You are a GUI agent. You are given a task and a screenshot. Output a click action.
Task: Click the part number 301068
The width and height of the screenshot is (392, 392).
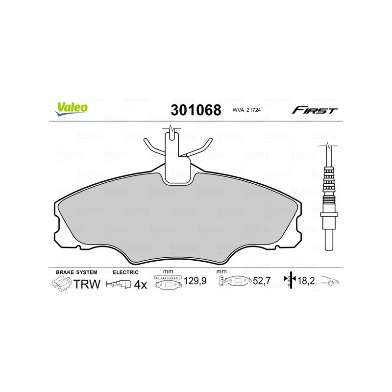196,109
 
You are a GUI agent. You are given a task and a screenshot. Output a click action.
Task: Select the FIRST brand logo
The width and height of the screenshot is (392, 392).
315,110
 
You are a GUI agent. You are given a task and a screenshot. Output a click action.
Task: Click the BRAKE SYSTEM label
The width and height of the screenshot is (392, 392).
76,272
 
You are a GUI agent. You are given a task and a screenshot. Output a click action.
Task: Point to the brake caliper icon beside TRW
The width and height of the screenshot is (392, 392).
62,283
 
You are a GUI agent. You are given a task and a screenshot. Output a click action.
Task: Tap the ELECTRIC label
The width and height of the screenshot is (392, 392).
126,272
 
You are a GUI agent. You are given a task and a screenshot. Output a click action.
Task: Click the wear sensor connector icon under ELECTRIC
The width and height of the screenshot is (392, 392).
119,284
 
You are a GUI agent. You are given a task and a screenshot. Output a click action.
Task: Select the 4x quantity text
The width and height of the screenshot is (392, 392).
141,284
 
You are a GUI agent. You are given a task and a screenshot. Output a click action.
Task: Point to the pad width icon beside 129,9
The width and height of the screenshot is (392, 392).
168,282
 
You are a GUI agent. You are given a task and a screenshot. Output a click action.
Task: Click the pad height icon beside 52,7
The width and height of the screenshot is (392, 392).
237,282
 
